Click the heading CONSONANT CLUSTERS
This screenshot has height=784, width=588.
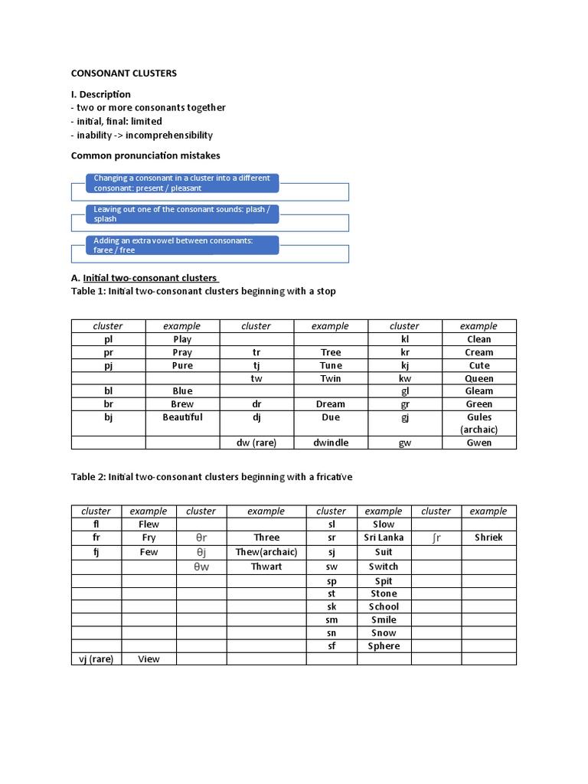click(123, 73)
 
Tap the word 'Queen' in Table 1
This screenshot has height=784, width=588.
click(479, 378)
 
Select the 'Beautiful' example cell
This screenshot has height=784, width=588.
click(182, 417)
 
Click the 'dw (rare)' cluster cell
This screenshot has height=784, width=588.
click(256, 443)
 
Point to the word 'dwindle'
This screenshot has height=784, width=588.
click(330, 443)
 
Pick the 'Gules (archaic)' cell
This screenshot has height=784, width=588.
click(479, 423)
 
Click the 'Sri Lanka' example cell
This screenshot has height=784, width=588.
click(384, 537)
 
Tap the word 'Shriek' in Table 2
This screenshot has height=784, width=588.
click(488, 537)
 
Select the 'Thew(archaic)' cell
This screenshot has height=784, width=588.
click(266, 552)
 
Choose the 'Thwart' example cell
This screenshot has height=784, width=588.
click(266, 567)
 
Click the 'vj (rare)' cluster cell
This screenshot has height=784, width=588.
click(96, 658)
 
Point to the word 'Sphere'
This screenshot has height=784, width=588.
click(384, 646)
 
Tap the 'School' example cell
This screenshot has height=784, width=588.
click(384, 606)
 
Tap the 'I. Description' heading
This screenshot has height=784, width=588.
click(100, 94)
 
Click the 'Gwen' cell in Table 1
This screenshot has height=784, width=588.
click(479, 443)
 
